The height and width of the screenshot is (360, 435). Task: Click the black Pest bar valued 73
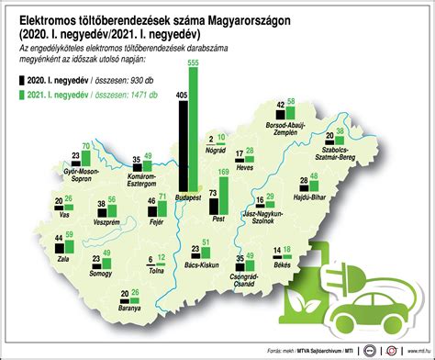(x=214, y=208)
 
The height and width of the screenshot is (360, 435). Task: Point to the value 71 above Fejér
(x=162, y=197)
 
